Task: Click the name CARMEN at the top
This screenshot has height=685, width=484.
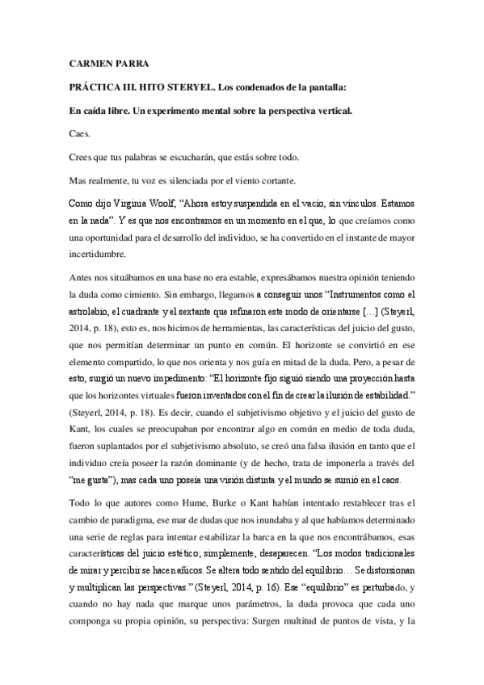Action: coord(82,61)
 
